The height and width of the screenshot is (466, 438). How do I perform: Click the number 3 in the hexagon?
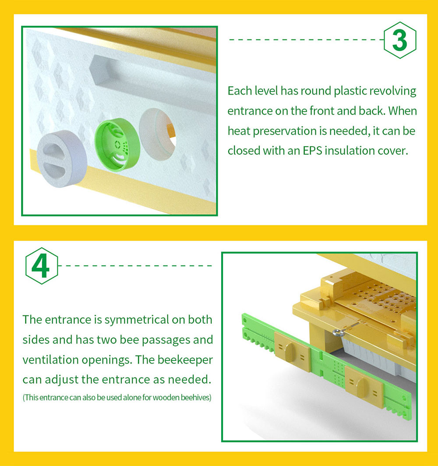pyautogui.click(x=399, y=40)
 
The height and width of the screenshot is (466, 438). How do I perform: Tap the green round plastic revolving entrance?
pyautogui.click(x=117, y=145)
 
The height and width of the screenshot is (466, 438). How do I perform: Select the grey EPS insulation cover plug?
pyautogui.click(x=62, y=159)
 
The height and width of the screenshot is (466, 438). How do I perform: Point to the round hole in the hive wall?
pyautogui.click(x=158, y=134)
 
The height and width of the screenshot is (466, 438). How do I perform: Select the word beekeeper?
pyautogui.click(x=185, y=360)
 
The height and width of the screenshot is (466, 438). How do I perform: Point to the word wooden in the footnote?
pyautogui.click(x=166, y=397)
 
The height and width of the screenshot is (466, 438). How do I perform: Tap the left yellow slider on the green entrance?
pyautogui.click(x=292, y=351)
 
